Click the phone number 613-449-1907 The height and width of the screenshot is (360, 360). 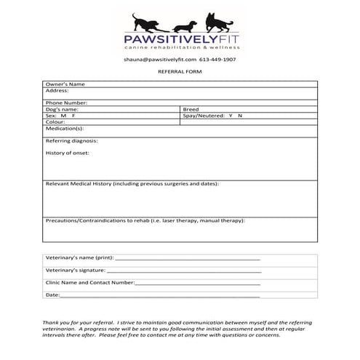pos(218,59)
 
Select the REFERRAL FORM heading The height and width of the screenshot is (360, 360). pos(180,73)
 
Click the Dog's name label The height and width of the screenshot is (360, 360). pos(62,109)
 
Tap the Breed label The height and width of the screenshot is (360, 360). pos(191,109)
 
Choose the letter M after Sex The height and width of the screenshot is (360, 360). pos(63,116)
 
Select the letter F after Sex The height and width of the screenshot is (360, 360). pos(73,116)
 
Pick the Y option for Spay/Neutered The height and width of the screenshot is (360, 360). pos(231,116)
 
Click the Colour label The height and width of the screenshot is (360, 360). pos(55,122)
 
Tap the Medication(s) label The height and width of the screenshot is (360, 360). pos(63,129)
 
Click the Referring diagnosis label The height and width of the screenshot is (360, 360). pos(71,140)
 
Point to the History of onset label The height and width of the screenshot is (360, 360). pos(68,153)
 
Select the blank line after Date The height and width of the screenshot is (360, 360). pos(160,295)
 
